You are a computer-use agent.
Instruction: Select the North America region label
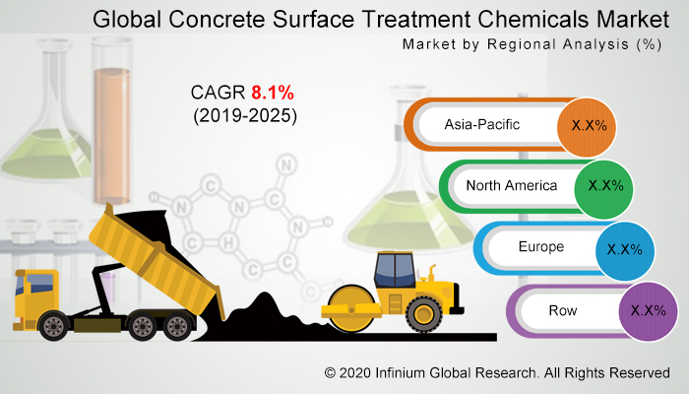(x=512, y=185)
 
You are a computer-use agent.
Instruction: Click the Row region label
(x=564, y=310)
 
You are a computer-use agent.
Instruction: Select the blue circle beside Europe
(x=625, y=248)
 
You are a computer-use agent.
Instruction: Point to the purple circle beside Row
(x=649, y=310)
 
